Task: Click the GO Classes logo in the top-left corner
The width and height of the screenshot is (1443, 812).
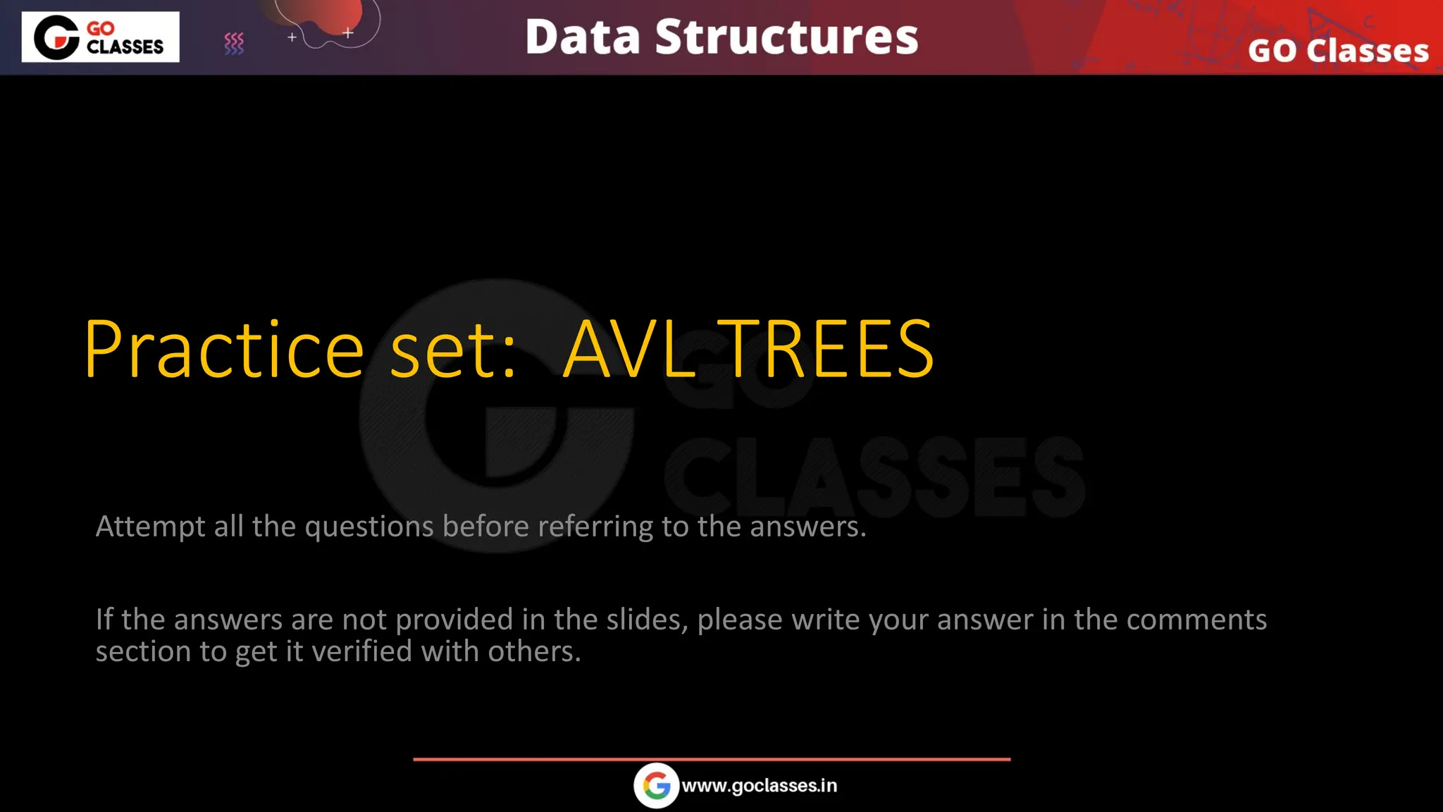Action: coord(100,37)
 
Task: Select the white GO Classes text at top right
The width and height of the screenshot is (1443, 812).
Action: coord(1338,51)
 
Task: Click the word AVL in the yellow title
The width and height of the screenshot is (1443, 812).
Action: coord(630,350)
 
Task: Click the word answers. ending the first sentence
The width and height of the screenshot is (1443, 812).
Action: coord(807,527)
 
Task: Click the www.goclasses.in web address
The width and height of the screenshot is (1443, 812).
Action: coord(760,786)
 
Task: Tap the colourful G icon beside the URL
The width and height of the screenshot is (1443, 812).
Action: coord(656,786)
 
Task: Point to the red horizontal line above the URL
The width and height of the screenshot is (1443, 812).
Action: coord(712,759)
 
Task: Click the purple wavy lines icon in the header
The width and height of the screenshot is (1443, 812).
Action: coord(234,44)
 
